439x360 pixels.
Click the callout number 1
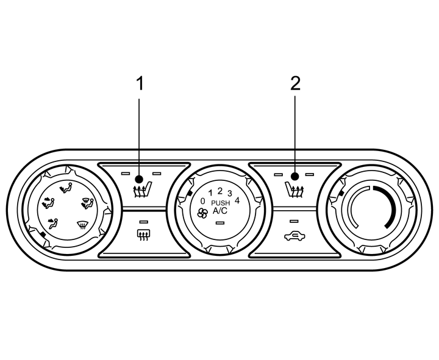(140, 83)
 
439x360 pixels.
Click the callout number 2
(295, 83)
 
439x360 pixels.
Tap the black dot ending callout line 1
(139, 179)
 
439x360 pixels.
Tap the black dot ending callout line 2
(294, 177)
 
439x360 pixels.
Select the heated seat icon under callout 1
(142, 189)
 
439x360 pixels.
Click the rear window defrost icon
(143, 235)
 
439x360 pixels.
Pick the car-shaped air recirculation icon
(294, 236)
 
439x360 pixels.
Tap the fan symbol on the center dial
(202, 214)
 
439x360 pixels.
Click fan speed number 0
(202, 201)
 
